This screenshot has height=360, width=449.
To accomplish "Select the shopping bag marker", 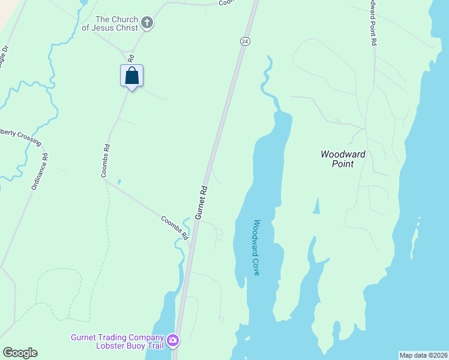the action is point(132,76).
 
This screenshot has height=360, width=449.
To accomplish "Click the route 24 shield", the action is point(245,41).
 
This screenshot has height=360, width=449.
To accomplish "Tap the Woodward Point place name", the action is point(342,158).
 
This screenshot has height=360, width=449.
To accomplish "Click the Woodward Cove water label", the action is point(255,247).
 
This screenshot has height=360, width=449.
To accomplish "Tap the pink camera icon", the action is point(173,341).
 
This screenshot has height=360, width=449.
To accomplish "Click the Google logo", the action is point(20,353).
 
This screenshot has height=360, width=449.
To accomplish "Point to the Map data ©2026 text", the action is point(423,355).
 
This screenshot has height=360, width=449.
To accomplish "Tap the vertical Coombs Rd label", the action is point(105,161).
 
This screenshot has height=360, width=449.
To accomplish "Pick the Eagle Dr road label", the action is point(4,55).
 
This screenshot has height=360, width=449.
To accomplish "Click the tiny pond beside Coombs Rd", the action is point(119,181).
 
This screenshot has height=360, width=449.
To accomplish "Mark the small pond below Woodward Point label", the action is point(316,206).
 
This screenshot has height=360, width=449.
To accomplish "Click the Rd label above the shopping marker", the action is point(130,58).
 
